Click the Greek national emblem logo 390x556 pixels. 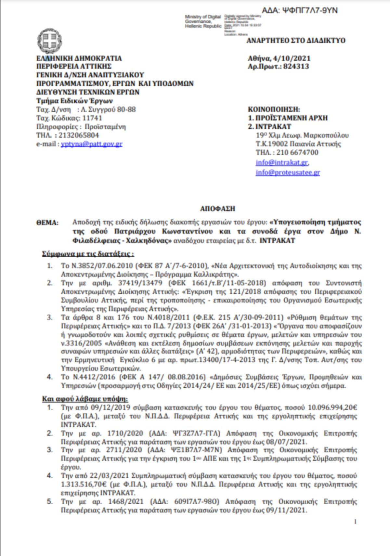pyautogui.click(x=50, y=41)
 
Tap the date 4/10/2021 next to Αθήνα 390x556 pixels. pyautogui.click(x=291, y=58)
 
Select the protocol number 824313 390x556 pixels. pyautogui.click(x=296, y=67)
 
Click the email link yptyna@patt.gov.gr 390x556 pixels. pyautogui.click(x=92, y=144)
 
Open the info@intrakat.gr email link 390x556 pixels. pyautogui.click(x=281, y=162)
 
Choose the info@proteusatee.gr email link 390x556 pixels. pyautogui.click(x=288, y=172)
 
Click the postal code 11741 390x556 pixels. pyautogui.click(x=92, y=118)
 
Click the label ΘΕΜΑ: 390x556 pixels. pyautogui.click(x=47, y=223)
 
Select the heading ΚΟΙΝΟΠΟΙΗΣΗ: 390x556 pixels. pyautogui.click(x=274, y=110)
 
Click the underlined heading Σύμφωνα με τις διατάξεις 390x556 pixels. pyautogui.click(x=88, y=254)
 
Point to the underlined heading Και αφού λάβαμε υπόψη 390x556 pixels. pyautogui.click(x=85, y=399)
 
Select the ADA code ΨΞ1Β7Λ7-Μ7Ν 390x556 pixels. pyautogui.click(x=197, y=450)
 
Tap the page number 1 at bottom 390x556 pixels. pyautogui.click(x=355, y=522)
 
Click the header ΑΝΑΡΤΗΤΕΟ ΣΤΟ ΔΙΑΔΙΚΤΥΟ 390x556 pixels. pyautogui.click(x=296, y=41)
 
